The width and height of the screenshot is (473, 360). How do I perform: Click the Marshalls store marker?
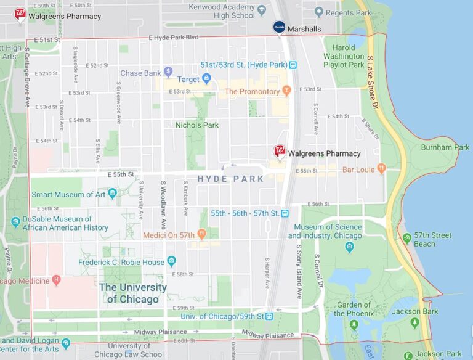coord(280,27)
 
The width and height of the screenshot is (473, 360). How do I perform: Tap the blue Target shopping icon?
coord(207,79)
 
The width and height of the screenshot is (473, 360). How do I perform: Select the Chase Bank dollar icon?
coord(168,72)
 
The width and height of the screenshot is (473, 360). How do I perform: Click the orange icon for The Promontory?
coord(286,91)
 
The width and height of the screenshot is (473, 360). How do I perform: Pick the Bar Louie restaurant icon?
coord(381,168)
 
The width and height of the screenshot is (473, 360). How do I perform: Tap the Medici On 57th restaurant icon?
coord(201,235)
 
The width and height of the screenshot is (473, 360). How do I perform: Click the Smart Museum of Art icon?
coord(112,194)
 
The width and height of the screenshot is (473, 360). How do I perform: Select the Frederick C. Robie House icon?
coord(171,261)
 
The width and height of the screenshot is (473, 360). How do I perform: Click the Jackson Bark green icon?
coord(414,322)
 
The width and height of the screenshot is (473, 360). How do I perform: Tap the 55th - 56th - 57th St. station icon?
coord(285,213)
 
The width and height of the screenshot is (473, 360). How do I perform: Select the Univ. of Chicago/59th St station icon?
coord(269,316)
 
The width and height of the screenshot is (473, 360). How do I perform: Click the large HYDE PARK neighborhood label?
coord(230,179)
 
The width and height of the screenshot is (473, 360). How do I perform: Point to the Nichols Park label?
coord(197,125)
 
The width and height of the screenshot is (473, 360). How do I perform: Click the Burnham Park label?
coord(445,147)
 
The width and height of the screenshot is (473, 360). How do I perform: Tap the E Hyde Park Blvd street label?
coord(174,38)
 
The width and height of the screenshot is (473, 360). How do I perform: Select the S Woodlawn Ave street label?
coord(163,203)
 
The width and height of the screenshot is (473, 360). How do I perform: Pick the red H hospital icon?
coord(57,280)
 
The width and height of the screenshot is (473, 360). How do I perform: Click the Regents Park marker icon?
coord(318,12)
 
